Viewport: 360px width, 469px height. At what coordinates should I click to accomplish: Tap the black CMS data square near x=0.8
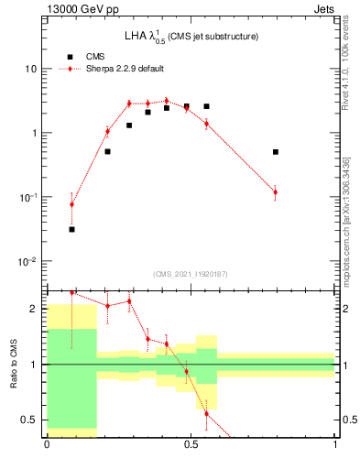[x=276, y=152]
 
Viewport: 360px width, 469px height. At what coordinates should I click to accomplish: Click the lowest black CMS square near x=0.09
[x=72, y=229]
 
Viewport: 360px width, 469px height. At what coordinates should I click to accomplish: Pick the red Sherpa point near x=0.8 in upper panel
[x=276, y=191]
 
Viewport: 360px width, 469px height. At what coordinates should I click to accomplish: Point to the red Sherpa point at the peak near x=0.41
[x=166, y=101]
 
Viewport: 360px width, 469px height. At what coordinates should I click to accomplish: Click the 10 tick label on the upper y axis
[x=29, y=69]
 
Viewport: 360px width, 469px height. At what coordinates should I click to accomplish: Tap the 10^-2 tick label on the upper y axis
[x=27, y=261]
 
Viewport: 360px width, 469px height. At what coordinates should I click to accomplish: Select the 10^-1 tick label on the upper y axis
[x=27, y=197]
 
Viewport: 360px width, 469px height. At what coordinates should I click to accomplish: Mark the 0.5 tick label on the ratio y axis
[x=30, y=420]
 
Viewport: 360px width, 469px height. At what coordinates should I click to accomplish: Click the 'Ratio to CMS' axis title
[x=13, y=364]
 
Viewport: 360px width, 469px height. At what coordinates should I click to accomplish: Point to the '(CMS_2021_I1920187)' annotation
[x=190, y=273]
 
